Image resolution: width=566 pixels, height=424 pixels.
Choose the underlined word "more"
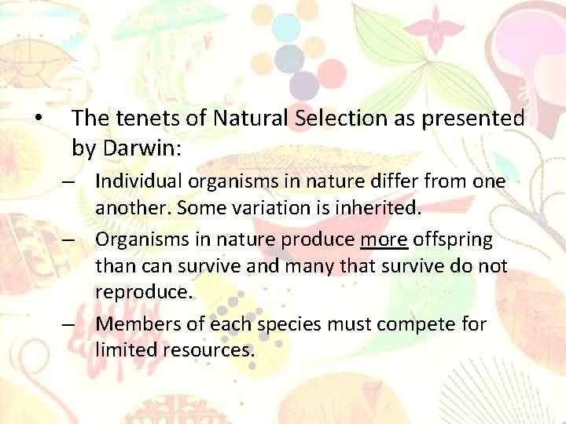(384, 239)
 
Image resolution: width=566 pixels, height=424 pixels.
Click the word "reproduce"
(141, 293)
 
